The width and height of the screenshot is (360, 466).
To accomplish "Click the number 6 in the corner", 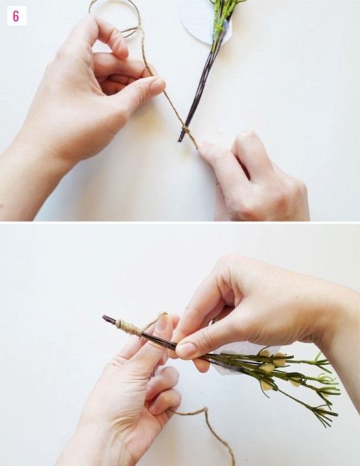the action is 16,16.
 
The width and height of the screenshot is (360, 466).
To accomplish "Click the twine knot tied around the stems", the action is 186,130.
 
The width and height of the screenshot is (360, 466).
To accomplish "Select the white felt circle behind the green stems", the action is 202,22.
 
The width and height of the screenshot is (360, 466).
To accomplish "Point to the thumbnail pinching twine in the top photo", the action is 157,86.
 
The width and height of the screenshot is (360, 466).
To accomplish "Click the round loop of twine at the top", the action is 115,17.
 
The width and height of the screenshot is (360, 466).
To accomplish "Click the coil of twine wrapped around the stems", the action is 128,327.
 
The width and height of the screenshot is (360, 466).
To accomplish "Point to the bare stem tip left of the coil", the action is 109,319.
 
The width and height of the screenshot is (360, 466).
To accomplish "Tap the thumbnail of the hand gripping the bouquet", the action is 186,350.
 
